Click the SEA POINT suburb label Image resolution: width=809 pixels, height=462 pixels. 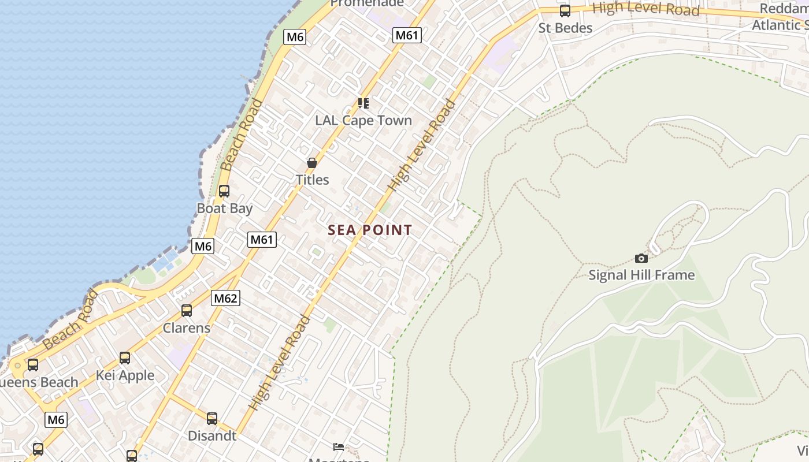coord(370,230)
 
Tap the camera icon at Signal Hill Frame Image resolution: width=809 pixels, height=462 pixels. coord(641,258)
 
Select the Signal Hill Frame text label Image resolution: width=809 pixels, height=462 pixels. coord(641,275)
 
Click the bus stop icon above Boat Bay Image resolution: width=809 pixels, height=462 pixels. coord(224,191)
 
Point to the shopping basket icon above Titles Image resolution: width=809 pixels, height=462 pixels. coord(312,163)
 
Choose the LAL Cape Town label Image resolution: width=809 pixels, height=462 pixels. coord(363,121)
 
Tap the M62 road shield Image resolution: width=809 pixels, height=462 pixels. coord(225,298)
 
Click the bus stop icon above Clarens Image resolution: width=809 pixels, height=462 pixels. coord(187,311)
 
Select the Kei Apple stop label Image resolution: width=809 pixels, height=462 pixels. coord(125,375)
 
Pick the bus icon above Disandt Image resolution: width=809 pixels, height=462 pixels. coord(212,419)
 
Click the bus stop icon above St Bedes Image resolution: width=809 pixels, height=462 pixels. coord(565,11)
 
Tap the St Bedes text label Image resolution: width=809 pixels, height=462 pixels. coord(565,28)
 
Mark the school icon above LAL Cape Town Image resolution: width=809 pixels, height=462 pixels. coord(363,103)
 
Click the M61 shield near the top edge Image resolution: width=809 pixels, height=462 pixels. coord(407,35)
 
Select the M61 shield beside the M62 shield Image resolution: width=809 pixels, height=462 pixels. coord(262,239)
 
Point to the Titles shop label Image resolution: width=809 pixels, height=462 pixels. coord(313,180)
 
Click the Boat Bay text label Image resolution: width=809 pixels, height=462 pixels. coord(225,208)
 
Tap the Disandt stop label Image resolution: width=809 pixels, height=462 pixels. coord(212,435)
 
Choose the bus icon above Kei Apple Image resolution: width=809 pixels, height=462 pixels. coord(125,358)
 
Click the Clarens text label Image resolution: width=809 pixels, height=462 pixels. coord(187,328)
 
